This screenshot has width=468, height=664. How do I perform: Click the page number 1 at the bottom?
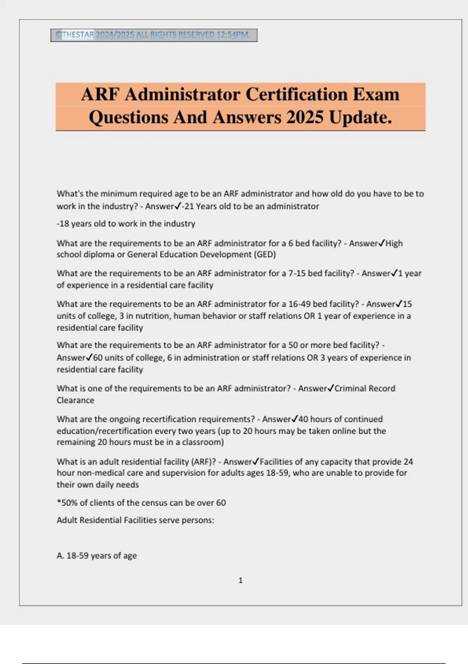[240, 580]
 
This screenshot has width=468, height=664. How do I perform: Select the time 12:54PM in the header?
[233, 35]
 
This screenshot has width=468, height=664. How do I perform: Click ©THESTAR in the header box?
[74, 35]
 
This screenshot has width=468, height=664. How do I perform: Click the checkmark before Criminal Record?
[330, 388]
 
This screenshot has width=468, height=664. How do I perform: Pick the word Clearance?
[75, 400]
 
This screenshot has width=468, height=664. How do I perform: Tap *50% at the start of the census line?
[67, 503]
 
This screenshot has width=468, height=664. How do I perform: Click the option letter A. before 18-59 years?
[60, 556]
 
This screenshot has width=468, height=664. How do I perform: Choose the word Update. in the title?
[360, 117]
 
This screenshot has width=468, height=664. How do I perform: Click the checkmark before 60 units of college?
[89, 357]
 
